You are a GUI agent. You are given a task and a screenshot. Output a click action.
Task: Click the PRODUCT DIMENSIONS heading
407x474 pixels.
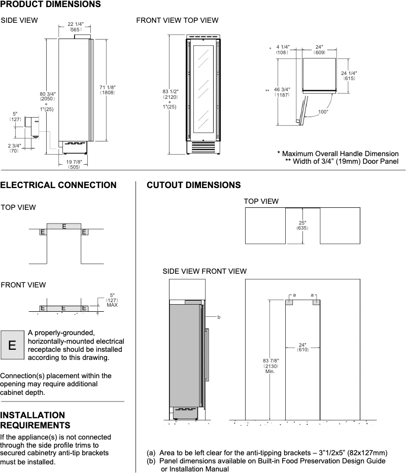[50, 5]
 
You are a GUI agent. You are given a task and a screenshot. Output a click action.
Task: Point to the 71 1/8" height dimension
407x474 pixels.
[108, 90]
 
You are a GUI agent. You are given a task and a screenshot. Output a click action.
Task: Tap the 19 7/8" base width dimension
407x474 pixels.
[74, 164]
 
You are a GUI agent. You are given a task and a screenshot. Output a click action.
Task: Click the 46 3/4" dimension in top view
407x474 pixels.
[282, 91]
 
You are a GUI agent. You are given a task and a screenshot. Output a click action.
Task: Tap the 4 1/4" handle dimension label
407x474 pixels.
[282, 50]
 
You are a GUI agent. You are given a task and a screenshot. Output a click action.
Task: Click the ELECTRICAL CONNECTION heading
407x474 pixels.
[58, 185]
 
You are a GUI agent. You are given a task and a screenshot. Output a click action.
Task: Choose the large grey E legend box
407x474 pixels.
[12, 345]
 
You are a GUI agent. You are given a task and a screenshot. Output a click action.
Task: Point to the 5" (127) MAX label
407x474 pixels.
[112, 300]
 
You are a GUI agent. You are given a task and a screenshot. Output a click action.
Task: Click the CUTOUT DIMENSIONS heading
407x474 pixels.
[193, 185]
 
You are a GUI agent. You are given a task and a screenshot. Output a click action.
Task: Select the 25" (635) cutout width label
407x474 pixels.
[302, 225]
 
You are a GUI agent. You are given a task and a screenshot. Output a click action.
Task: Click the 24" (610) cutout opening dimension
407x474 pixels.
[302, 347]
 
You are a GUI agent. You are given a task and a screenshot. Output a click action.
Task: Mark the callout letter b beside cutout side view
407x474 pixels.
[219, 317]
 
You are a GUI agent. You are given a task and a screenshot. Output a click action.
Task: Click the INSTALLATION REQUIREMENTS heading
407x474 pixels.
[35, 420]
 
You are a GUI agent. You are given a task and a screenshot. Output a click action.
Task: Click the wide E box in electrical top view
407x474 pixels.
[63, 226]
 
